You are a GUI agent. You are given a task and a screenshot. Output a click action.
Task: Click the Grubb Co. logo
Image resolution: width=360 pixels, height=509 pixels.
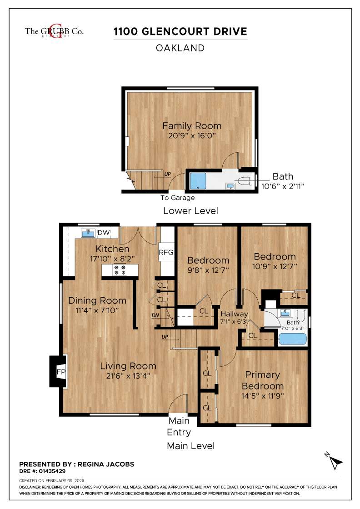click(x=54, y=31)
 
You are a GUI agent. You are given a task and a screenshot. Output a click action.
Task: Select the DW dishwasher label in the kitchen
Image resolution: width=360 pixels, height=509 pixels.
click(x=104, y=233)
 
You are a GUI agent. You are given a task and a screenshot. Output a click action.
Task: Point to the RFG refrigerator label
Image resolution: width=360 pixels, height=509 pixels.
click(x=166, y=253)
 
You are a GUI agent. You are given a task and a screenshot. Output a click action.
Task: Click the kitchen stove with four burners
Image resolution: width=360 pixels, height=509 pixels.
click(x=120, y=270)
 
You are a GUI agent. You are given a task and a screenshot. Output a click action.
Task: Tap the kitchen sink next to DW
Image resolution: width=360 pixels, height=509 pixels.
click(x=88, y=233)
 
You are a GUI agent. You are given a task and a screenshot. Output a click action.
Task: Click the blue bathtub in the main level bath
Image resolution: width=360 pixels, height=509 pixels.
click(x=292, y=339)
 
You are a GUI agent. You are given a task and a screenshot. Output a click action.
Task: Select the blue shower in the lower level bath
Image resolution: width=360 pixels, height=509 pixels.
click(x=198, y=181)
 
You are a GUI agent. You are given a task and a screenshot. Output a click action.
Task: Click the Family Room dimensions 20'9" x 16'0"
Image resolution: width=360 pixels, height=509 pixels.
click(x=192, y=136)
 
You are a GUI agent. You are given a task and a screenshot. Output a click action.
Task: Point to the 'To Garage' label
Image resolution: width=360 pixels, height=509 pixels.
click(x=177, y=198)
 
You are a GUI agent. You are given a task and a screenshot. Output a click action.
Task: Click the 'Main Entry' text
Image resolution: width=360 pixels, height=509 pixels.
click(x=179, y=426)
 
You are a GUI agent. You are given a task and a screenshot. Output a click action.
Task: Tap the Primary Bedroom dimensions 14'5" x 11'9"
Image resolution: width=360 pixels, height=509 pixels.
click(x=262, y=395)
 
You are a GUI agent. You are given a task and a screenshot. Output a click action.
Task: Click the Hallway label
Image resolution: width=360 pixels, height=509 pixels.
click(x=234, y=314)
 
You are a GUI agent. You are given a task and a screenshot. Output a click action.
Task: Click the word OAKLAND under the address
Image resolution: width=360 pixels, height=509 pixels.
click(x=180, y=48)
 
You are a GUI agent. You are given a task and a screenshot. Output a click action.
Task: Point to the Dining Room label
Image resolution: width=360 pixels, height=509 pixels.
click(x=97, y=300)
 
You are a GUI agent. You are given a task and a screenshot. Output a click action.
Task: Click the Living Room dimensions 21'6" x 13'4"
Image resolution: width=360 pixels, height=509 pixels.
click(x=128, y=376)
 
